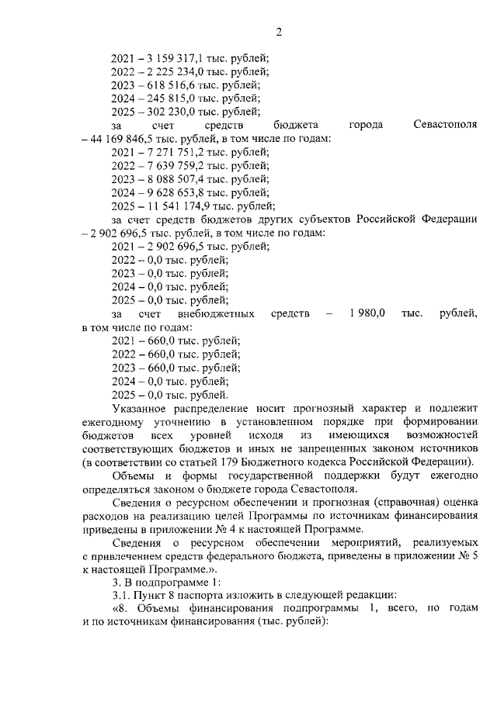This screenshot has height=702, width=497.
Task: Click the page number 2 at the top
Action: (x=277, y=32)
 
